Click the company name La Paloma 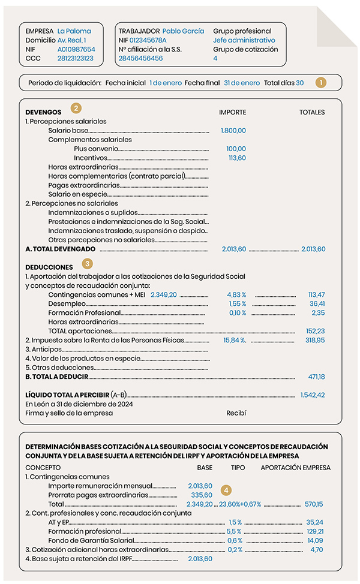[x=74, y=31]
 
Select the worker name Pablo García [x=183, y=31]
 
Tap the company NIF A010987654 [x=76, y=49]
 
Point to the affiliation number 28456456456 [x=140, y=58]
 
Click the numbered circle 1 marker [x=322, y=82]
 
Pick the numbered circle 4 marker [x=226, y=490]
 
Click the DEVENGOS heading [x=43, y=112]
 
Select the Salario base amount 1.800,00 [x=233, y=130]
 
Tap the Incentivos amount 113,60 [x=237, y=158]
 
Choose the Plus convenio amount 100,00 [x=237, y=149]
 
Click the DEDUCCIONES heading [x=49, y=267]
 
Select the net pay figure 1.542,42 [x=313, y=395]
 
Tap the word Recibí [x=236, y=413]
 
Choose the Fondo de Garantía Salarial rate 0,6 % [x=235, y=540]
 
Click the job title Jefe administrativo [x=244, y=40]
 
